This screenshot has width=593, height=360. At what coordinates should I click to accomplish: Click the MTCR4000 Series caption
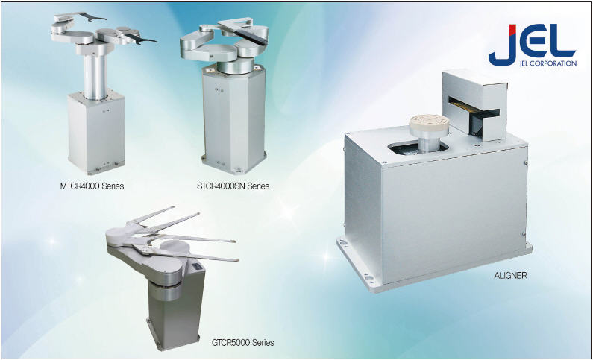click(x=92, y=186)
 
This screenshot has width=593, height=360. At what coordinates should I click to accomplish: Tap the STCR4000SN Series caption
click(x=233, y=186)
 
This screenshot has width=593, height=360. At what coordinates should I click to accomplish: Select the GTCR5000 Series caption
click(x=243, y=343)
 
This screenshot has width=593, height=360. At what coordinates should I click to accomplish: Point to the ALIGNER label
click(x=510, y=275)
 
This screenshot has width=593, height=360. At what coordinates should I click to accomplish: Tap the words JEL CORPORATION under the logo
click(x=548, y=63)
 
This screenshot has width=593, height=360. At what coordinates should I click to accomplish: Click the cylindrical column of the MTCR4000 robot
click(x=95, y=75)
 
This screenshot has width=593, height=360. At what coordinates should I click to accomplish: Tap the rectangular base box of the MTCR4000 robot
click(x=96, y=132)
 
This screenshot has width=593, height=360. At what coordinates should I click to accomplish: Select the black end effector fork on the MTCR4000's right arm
click(x=141, y=40)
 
